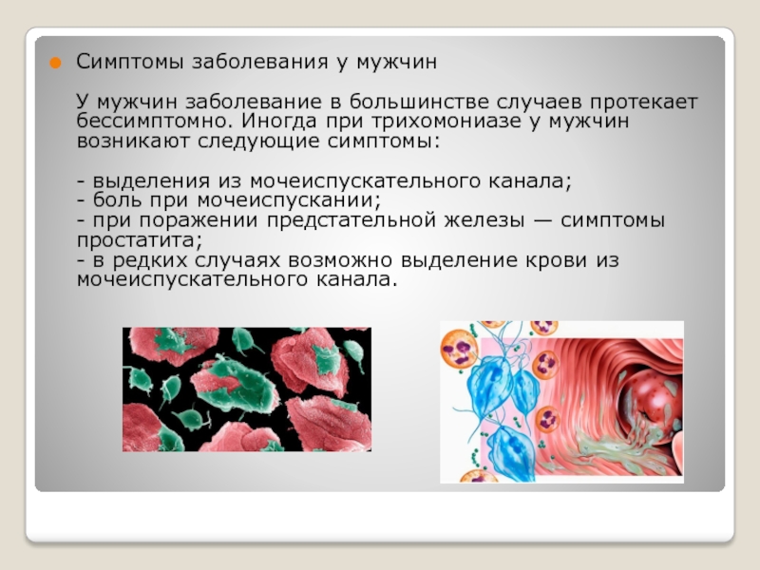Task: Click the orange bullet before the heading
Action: tap(55, 63)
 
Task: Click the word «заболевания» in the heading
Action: tap(259, 62)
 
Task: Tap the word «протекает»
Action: tap(644, 103)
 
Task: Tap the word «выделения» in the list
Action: tap(152, 181)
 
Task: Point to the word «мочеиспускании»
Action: tap(289, 200)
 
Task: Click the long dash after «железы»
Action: tap(542, 221)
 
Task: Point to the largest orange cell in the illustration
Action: tap(459, 350)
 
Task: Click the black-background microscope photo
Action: tap(247, 389)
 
